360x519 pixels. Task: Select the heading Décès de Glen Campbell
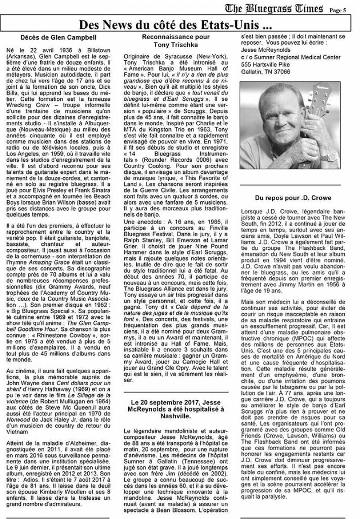[63, 37]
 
